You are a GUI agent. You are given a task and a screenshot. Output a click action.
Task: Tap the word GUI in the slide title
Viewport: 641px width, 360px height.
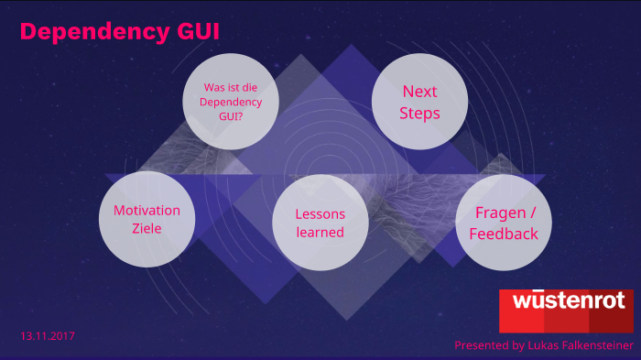point(196,32)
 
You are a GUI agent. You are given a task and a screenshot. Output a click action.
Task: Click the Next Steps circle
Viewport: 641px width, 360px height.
point(419,103)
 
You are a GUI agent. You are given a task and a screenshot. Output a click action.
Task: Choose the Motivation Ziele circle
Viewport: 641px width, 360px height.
point(147,219)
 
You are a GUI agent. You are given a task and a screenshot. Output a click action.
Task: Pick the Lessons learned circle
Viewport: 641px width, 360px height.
point(320,223)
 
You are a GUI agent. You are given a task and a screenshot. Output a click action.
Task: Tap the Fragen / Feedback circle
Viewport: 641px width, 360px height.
point(503,223)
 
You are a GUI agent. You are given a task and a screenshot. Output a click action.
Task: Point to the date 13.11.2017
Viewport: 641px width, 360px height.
point(48,336)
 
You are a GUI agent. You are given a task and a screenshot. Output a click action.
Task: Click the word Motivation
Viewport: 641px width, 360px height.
point(147,210)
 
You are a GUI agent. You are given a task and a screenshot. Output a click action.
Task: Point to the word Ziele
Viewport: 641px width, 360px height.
point(147,228)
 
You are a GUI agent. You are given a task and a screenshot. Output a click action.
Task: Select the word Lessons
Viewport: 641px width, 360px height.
point(320,213)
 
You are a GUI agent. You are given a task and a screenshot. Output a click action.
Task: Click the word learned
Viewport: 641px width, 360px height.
point(320,232)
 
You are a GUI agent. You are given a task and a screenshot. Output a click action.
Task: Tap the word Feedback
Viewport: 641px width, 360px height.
point(503,234)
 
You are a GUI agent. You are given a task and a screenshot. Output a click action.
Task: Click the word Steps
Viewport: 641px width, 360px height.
point(419,114)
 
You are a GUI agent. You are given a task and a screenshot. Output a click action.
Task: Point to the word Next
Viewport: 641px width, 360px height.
point(419,92)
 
